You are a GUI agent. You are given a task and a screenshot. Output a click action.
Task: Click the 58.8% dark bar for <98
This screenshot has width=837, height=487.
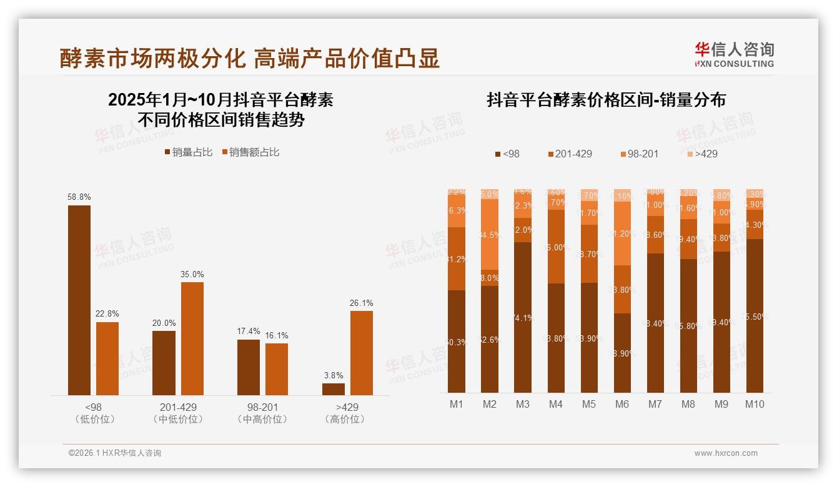[x=79, y=300]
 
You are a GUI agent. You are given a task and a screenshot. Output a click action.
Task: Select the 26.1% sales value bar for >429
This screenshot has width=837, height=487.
[x=361, y=353]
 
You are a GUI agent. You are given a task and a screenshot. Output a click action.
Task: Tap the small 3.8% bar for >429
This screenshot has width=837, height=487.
[x=334, y=389]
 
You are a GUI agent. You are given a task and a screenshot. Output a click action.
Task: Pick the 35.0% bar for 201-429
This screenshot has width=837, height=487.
[x=192, y=338]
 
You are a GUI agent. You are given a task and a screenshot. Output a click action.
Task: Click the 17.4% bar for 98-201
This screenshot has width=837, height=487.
[x=249, y=367]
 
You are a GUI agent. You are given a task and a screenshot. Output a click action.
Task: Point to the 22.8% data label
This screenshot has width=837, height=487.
[x=107, y=313]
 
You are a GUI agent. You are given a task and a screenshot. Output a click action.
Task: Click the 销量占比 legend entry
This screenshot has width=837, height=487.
[x=189, y=152]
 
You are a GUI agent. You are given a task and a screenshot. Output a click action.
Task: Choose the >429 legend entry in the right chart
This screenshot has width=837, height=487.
[x=702, y=154]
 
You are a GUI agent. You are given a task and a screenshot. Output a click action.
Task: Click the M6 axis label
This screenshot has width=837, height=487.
[x=622, y=404]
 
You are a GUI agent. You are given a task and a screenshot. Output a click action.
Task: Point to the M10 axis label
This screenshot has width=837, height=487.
[x=755, y=404]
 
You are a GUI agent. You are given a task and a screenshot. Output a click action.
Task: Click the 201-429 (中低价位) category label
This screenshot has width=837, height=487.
[x=178, y=413]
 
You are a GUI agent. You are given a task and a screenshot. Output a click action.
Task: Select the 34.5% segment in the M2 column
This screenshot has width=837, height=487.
[x=490, y=235]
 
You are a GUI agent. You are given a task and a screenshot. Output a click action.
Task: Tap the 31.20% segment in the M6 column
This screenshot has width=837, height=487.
[x=622, y=234]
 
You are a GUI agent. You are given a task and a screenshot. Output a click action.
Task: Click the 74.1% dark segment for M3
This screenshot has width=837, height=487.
[x=523, y=317]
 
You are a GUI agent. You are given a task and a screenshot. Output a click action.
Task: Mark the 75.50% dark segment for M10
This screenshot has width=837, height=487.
[x=755, y=316]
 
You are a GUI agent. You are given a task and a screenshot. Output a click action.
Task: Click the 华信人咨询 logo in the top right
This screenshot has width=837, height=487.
[x=734, y=54]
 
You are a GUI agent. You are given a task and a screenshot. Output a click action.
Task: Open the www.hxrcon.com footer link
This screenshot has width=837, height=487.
[x=726, y=453]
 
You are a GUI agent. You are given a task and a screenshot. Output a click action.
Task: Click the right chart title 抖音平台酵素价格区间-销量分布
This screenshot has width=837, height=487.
[x=606, y=101]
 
